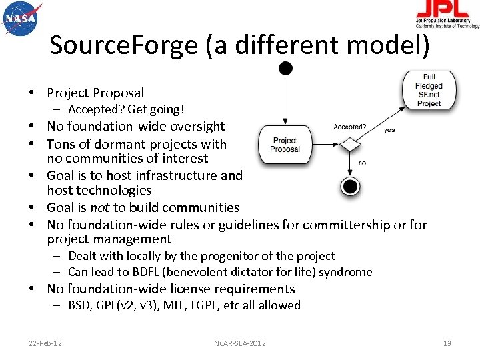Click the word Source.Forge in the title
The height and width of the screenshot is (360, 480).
[124, 45]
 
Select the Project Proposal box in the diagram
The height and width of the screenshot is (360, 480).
[285, 145]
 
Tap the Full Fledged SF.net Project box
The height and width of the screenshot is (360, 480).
[429, 90]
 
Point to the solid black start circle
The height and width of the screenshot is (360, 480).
[285, 67]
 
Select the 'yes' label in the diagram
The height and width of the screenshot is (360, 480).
[389, 131]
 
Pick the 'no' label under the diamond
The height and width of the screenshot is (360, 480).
[362, 163]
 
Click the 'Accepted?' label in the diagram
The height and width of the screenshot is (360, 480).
[350, 127]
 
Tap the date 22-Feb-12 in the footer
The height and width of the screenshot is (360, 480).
[45, 343]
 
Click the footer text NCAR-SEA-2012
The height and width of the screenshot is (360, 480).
[240, 343]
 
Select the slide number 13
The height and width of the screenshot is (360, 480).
[447, 343]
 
